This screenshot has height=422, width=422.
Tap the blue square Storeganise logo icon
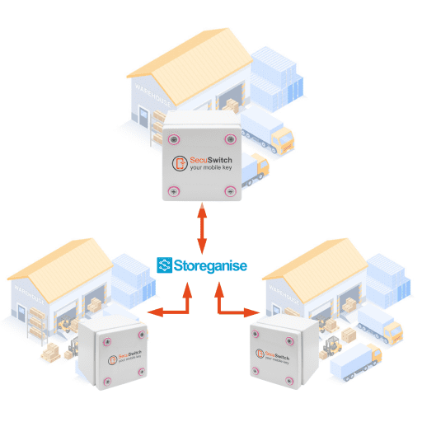165,265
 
